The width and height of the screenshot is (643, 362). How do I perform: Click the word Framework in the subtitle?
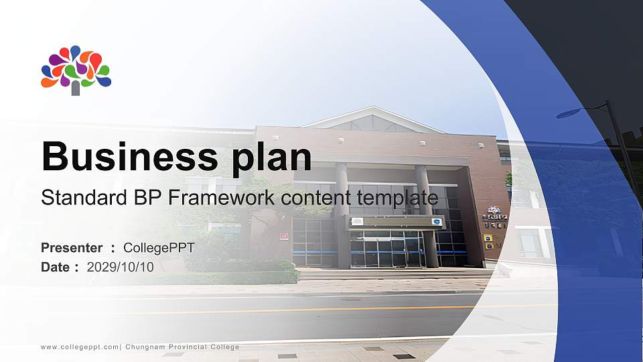tap(216, 198)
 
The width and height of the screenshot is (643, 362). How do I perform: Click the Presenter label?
tap(72, 248)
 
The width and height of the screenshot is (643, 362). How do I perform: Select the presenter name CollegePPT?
tap(159, 248)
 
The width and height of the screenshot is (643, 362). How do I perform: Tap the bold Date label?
tap(56, 267)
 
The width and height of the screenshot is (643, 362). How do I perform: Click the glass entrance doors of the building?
tap(386, 249)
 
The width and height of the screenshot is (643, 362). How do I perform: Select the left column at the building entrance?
tap(342, 215)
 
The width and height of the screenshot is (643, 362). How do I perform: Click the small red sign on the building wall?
tap(284, 236)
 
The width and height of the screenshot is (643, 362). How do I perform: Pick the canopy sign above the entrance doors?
tap(388, 222)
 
